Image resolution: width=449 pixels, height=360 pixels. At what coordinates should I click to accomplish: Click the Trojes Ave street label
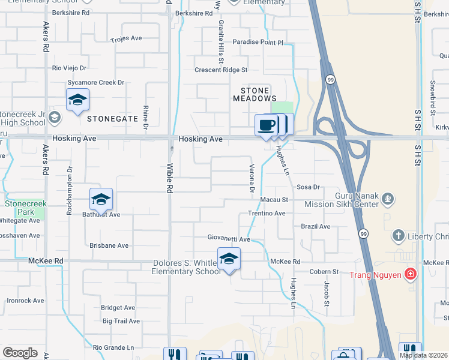pyautogui.click(x=126, y=38)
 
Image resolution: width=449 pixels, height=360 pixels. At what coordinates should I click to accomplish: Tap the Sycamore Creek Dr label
pyautogui.click(x=96, y=82)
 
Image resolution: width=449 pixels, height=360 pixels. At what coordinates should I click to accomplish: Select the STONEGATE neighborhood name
pyautogui.click(x=113, y=119)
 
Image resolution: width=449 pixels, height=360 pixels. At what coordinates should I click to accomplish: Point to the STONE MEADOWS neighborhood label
pyautogui.click(x=255, y=94)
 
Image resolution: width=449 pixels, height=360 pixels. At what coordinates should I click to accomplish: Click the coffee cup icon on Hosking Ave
pyautogui.click(x=266, y=125)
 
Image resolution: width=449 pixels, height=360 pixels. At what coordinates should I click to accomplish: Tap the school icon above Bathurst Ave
pyautogui.click(x=101, y=199)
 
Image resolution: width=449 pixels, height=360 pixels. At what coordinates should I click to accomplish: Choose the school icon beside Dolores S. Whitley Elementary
pyautogui.click(x=229, y=259)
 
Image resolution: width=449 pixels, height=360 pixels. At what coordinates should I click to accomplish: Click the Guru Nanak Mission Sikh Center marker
pyautogui.click(x=388, y=197)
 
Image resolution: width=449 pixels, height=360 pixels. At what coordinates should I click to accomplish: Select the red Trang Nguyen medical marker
pyautogui.click(x=410, y=275)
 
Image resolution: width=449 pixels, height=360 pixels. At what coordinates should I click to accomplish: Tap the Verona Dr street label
pyautogui.click(x=252, y=178)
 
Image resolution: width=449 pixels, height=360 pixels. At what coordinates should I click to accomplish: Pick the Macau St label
pyautogui.click(x=274, y=199)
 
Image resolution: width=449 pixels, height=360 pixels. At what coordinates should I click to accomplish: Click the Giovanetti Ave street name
pyautogui.click(x=229, y=238)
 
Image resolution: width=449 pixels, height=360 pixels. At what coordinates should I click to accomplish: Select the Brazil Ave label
pyautogui.click(x=316, y=226)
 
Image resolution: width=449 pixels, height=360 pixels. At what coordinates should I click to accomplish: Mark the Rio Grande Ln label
pyautogui.click(x=113, y=347)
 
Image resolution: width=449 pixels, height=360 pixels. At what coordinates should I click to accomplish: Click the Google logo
pyautogui.click(x=20, y=353)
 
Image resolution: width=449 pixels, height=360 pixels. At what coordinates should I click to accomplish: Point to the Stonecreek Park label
pyautogui.click(x=19, y=208)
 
